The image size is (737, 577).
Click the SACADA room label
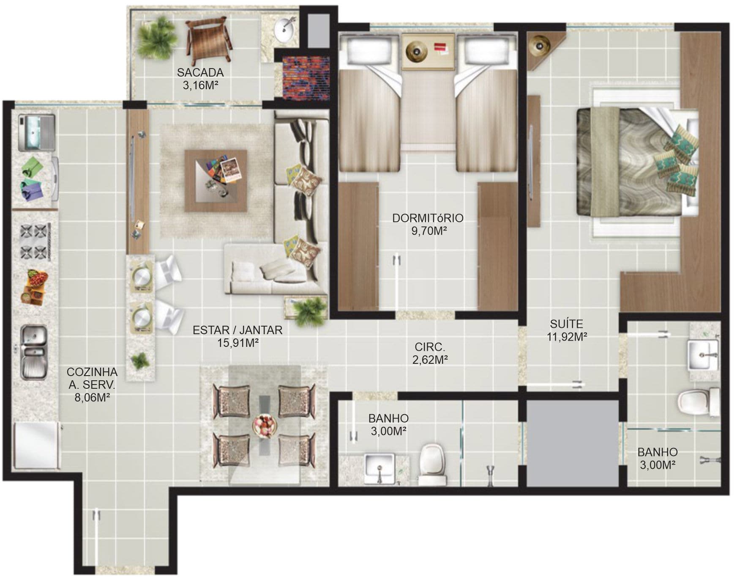(200, 72)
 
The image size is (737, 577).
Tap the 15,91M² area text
(238, 343)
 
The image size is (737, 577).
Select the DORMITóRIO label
(428, 218)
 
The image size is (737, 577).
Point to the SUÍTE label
(566, 324)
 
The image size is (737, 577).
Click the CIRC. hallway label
(430, 347)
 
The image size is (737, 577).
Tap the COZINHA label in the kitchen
(92, 372)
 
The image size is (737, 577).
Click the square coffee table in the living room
(216, 181)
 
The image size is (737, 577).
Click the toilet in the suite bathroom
(698, 401)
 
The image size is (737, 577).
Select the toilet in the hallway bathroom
(433, 464)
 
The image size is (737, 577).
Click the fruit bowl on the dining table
(265, 425)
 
